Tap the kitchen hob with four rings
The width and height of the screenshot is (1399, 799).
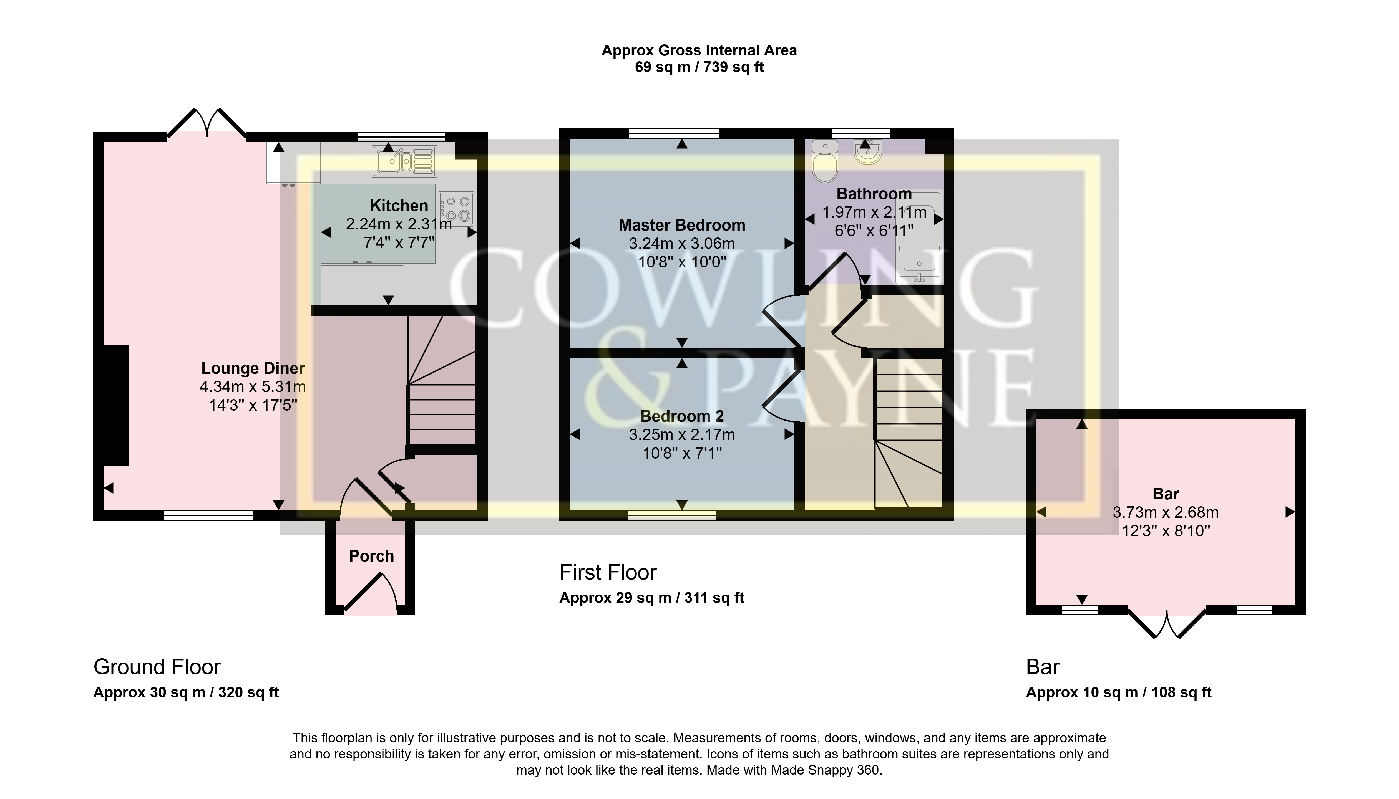tap(456, 209)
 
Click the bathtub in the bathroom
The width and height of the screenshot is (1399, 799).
tap(919, 237)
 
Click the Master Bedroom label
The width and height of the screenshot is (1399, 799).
tap(682, 225)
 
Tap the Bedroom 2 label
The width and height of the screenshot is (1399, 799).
tap(682, 416)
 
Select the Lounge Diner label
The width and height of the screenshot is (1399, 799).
tap(253, 368)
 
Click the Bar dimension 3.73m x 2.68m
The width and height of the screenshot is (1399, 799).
tap(1166, 512)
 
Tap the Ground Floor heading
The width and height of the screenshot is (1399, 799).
tap(157, 667)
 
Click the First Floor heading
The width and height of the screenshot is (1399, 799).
tap(608, 572)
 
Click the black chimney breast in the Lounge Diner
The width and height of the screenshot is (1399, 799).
tap(116, 406)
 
